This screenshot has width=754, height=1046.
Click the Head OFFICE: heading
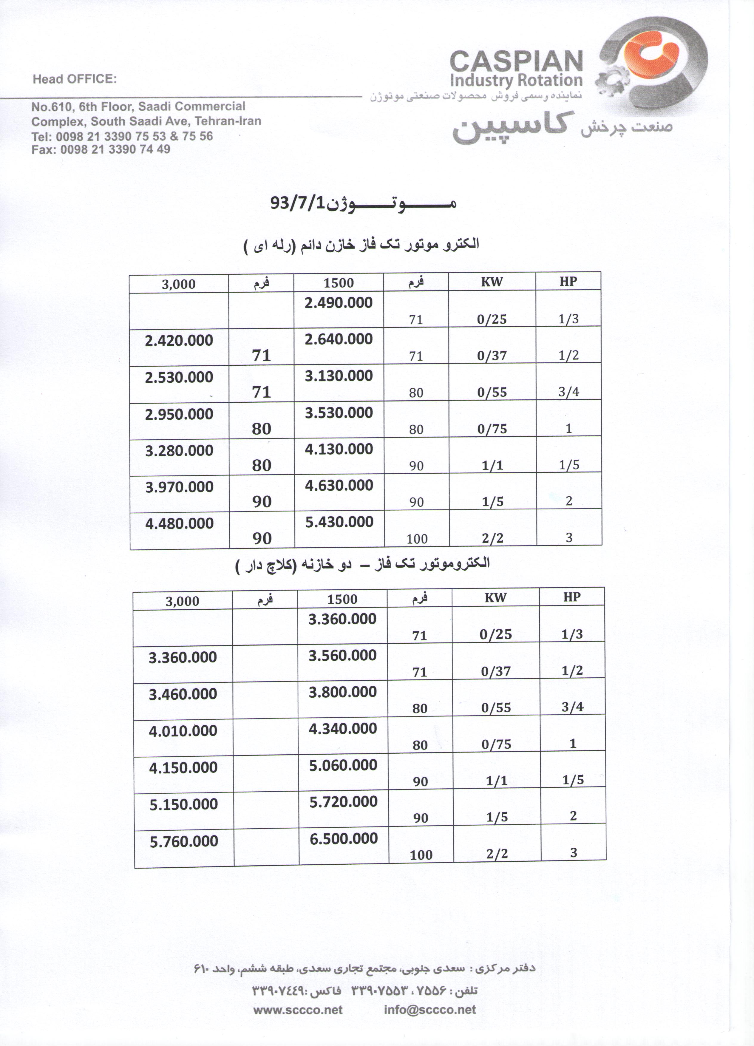click(x=75, y=79)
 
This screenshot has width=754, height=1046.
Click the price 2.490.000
click(x=339, y=303)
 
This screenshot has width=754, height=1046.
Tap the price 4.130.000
click(x=339, y=449)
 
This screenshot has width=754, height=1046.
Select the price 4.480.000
click(x=179, y=523)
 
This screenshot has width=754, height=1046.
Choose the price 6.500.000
click(x=344, y=838)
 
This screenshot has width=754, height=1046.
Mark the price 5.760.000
click(x=183, y=842)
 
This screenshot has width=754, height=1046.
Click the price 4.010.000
click(x=183, y=731)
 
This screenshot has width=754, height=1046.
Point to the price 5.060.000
click(x=343, y=765)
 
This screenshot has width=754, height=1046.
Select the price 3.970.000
click(x=179, y=487)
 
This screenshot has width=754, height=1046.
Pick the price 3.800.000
click(x=343, y=692)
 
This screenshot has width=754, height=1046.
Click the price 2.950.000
click(x=179, y=414)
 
